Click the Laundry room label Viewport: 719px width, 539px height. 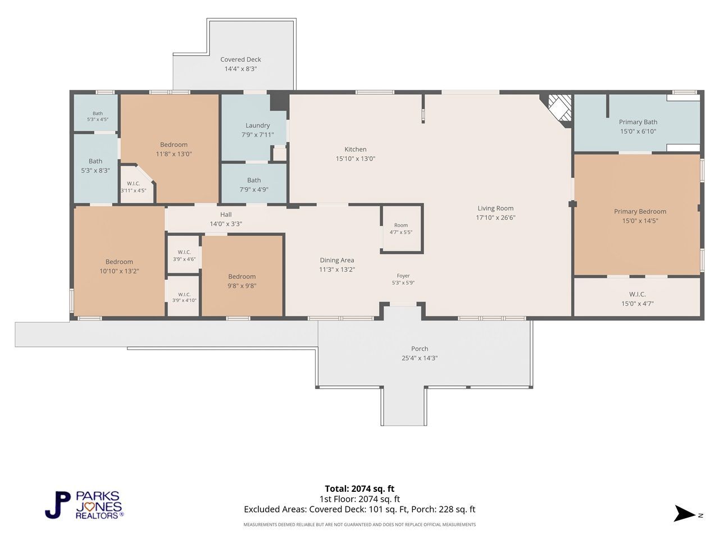(x=257, y=125)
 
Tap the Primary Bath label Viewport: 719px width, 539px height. (x=638, y=122)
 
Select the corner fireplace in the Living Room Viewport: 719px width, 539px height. (x=559, y=111)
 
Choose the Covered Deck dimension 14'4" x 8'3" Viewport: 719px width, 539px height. (x=240, y=68)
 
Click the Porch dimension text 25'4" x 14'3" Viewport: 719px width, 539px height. (x=419, y=358)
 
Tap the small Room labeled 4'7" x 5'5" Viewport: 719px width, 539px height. (x=401, y=229)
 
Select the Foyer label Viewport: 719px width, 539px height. (x=403, y=276)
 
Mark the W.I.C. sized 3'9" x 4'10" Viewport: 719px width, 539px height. (x=184, y=296)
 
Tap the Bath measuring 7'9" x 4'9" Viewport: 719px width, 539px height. (x=254, y=183)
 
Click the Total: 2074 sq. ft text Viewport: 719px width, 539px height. (x=359, y=488)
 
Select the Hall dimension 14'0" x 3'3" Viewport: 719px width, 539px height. (x=226, y=224)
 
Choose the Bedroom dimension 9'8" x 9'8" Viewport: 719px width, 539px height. (x=242, y=286)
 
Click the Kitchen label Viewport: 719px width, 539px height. (x=355, y=149)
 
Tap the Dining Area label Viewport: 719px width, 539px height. (x=336, y=260)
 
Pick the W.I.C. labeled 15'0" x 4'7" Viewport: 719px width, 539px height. (x=637, y=297)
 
